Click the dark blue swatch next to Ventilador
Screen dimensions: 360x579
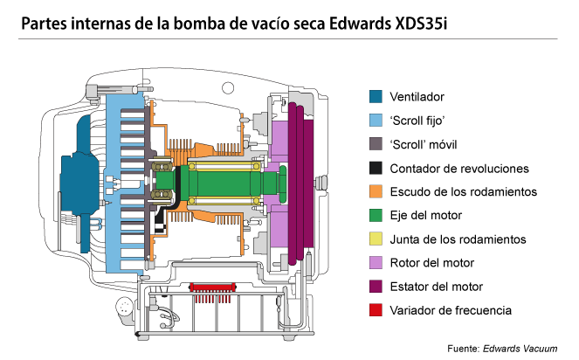click(376, 96)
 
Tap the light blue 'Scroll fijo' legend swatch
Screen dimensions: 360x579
click(376, 120)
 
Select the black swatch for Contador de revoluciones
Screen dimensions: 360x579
click(376, 167)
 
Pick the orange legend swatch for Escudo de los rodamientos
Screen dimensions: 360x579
click(376, 191)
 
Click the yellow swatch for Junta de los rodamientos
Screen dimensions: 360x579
click(376, 239)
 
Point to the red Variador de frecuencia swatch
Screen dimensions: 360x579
click(376, 309)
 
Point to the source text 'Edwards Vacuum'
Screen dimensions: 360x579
click(522, 349)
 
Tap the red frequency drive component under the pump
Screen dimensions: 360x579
click(214, 286)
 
